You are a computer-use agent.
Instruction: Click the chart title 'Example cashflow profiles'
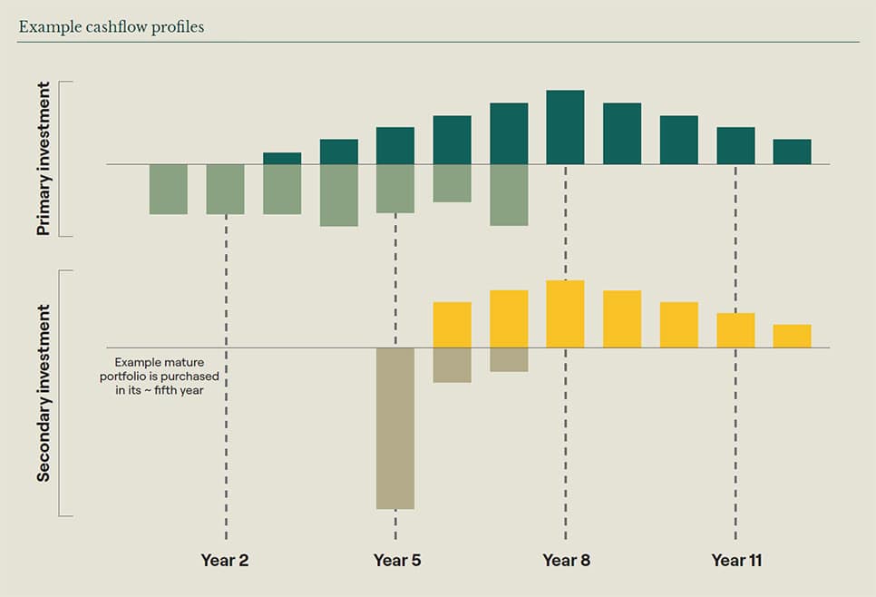(112, 26)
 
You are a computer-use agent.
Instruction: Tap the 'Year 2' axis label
(225, 560)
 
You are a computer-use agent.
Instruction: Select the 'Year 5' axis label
(396, 560)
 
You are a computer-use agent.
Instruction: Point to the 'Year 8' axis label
(566, 560)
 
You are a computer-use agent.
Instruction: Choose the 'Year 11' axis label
(736, 560)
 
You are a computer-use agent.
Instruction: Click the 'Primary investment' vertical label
(44, 160)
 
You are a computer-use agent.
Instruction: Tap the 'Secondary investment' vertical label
(44, 393)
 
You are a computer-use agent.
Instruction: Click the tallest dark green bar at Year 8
(565, 127)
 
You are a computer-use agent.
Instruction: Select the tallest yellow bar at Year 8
(565, 314)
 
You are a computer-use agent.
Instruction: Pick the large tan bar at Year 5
(395, 428)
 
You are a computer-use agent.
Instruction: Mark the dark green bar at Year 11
(735, 145)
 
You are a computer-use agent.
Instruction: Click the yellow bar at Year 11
(735, 330)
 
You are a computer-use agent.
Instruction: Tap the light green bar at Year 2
(225, 189)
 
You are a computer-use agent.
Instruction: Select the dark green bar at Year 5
(395, 145)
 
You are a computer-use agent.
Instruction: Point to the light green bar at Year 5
(395, 189)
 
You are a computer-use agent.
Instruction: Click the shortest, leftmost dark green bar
(282, 158)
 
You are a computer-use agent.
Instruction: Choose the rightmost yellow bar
(792, 336)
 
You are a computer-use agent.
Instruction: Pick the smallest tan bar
(509, 359)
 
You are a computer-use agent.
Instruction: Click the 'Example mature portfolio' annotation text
(160, 375)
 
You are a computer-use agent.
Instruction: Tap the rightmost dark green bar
(792, 152)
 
